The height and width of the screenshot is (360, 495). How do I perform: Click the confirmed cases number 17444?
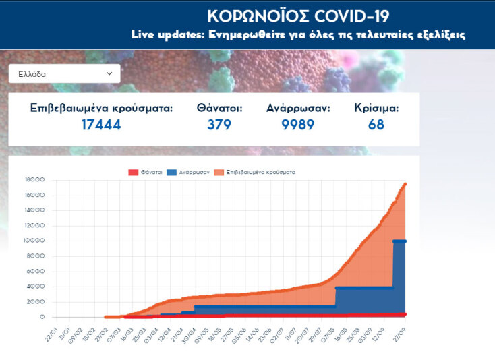[101, 125]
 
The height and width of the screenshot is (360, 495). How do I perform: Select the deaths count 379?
[219, 125]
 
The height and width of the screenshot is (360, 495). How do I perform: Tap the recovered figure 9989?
[297, 125]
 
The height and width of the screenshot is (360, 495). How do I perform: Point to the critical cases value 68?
[376, 125]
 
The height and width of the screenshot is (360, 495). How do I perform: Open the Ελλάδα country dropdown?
[65, 73]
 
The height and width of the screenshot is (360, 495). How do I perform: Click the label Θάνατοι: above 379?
[219, 107]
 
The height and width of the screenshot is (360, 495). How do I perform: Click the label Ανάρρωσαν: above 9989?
[298, 107]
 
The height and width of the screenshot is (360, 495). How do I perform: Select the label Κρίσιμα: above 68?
[376, 107]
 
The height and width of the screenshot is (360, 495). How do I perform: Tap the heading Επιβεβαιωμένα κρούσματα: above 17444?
[101, 107]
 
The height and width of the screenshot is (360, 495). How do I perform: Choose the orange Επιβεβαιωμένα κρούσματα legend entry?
[256, 172]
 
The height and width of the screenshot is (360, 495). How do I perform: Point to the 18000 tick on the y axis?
[35, 180]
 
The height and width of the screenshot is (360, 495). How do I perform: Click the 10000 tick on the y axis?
[35, 241]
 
